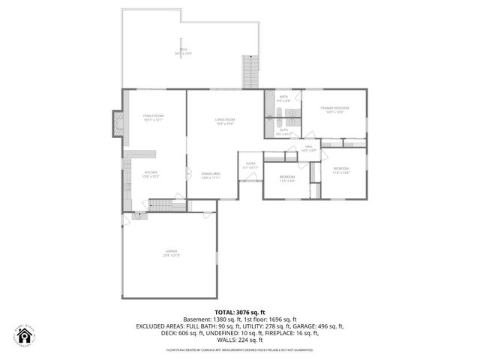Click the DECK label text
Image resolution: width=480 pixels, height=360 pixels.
[183, 51]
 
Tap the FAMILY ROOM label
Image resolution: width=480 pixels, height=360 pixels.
[154, 117]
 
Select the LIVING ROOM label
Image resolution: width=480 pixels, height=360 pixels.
[225, 121]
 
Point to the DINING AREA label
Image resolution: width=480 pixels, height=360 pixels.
[210, 175]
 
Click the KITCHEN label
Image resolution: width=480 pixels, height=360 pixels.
[151, 174]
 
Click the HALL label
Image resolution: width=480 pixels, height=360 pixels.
[308, 148]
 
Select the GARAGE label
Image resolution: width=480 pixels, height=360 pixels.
[172, 253]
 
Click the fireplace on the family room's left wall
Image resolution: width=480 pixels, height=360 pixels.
[116, 124]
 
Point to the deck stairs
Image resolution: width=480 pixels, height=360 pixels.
[250, 72]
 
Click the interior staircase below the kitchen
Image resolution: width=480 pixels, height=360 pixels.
[160, 205]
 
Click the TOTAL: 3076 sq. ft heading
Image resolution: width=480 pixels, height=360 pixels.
[240, 311]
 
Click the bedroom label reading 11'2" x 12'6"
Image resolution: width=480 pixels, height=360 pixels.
[340, 170]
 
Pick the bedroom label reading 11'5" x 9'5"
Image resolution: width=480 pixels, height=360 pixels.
[287, 179]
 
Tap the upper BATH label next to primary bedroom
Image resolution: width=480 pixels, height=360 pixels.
[283, 99]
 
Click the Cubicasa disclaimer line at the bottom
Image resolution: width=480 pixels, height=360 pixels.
[240, 349]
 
